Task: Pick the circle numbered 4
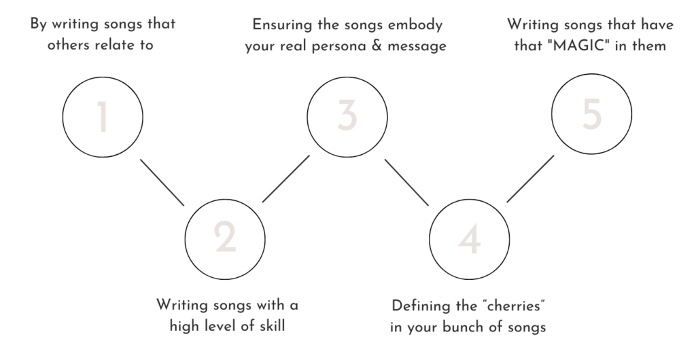pos(470,238)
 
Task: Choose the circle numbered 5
pos(592,116)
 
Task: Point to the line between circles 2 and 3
pos(286,178)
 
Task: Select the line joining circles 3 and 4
pos(407,182)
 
